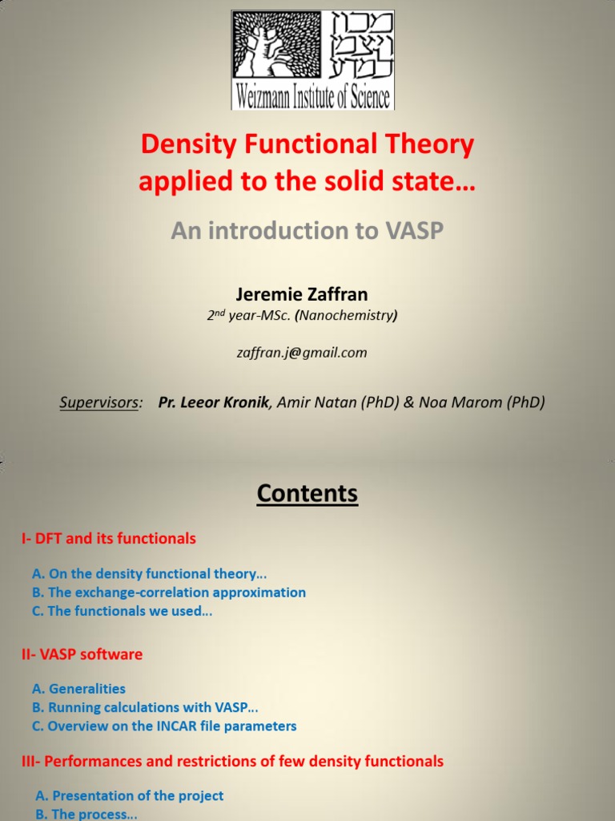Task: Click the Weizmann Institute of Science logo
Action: (312, 59)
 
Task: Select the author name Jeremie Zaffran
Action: (307, 295)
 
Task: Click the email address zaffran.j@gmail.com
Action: (307, 352)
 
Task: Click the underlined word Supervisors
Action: (99, 402)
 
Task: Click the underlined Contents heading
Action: (307, 493)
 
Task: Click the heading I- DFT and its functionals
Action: (108, 539)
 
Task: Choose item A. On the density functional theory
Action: (149, 574)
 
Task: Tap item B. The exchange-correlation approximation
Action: (169, 592)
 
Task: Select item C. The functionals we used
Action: (123, 611)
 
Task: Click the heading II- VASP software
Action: (82, 654)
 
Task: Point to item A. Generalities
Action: (78, 689)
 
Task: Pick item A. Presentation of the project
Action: (130, 796)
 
